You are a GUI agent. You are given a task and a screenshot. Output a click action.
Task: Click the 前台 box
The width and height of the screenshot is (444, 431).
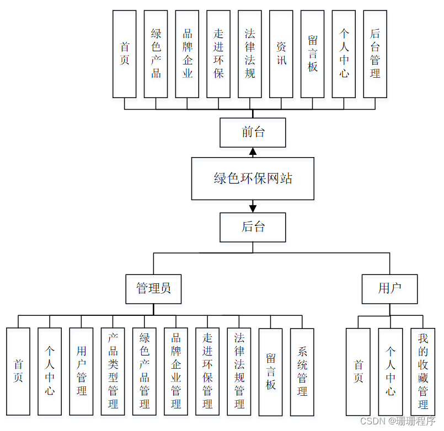pyautogui.click(x=253, y=133)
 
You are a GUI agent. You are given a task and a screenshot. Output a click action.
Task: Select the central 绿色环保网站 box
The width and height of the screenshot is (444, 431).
pyautogui.click(x=253, y=179)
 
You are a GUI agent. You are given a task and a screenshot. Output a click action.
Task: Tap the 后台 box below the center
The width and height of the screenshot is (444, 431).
pyautogui.click(x=253, y=227)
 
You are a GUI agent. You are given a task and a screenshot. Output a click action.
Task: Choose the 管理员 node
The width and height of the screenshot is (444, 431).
pyautogui.click(x=153, y=289)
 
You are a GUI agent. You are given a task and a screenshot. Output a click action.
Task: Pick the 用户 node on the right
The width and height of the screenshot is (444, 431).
pyautogui.click(x=389, y=289)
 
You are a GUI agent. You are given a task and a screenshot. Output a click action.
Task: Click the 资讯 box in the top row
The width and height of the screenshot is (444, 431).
pyautogui.click(x=281, y=53)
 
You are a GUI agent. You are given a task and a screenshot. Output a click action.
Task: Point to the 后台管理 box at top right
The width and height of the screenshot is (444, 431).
pyautogui.click(x=375, y=53)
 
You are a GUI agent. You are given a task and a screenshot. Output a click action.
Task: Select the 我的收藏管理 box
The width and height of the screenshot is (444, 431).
pyautogui.click(x=422, y=371)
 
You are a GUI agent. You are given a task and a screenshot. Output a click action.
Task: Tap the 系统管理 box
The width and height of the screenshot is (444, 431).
pyautogui.click(x=302, y=371)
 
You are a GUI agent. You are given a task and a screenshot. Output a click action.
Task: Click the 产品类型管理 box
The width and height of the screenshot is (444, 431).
pyautogui.click(x=113, y=371)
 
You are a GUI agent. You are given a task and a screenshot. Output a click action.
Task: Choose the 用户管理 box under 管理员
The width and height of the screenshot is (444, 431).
pyautogui.click(x=82, y=371)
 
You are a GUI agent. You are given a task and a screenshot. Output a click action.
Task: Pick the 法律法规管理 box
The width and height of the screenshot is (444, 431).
pyautogui.click(x=239, y=371)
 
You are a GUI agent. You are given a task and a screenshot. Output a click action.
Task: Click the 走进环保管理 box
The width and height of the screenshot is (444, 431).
pyautogui.click(x=207, y=371)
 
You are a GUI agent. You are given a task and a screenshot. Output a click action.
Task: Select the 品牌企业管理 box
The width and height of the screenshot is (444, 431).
pyautogui.click(x=176, y=371)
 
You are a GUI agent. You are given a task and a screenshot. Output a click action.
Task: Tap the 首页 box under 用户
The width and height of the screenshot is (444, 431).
pyautogui.click(x=359, y=371)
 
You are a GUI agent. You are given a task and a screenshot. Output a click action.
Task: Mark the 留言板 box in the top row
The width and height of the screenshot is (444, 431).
pyautogui.click(x=313, y=53)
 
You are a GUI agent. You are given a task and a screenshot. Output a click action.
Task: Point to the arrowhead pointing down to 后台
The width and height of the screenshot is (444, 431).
pyautogui.click(x=253, y=208)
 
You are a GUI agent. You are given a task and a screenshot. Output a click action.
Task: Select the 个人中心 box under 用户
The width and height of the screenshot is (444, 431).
pyautogui.click(x=390, y=371)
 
